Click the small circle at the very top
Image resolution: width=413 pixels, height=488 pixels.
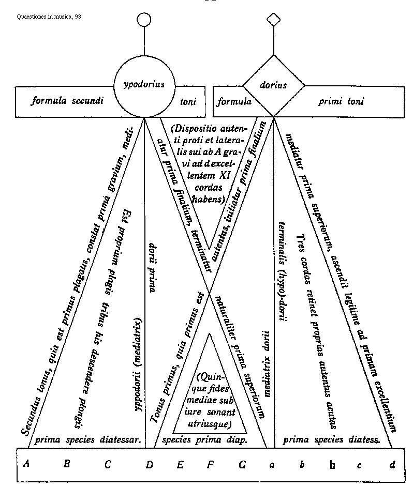pyautogui.click(x=144, y=20)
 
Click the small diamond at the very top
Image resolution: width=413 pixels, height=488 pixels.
pyautogui.click(x=273, y=20)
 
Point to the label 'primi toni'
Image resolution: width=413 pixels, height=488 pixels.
pyautogui.click(x=341, y=101)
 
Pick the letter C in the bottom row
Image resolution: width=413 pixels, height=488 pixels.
pyautogui.click(x=108, y=464)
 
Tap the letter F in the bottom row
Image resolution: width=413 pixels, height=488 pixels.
pyautogui.click(x=211, y=464)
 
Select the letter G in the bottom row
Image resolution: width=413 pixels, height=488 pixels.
pyautogui.click(x=242, y=464)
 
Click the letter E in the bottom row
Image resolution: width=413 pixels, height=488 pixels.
pyautogui.click(x=180, y=464)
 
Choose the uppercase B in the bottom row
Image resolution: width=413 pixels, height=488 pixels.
pyautogui.click(x=67, y=464)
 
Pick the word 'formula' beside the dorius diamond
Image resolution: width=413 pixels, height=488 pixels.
pyautogui.click(x=234, y=101)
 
